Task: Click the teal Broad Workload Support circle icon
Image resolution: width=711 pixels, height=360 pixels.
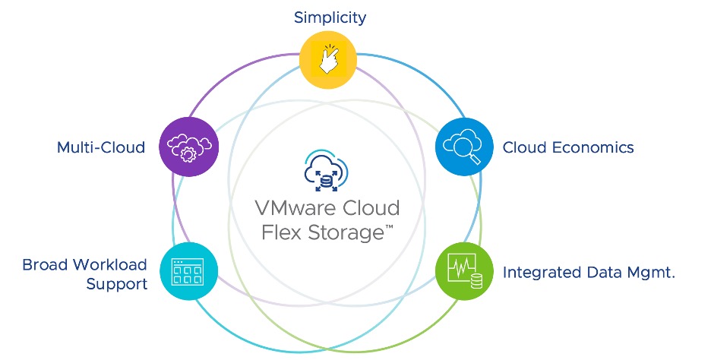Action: click(x=189, y=271)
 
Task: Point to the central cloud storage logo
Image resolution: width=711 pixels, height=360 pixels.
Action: click(x=326, y=169)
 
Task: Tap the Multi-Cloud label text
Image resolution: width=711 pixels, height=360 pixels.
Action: click(x=101, y=147)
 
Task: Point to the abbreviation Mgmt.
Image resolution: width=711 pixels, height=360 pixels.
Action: click(x=650, y=272)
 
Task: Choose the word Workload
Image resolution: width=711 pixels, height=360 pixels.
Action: click(x=109, y=264)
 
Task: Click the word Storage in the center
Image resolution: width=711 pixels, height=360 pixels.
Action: click(x=343, y=232)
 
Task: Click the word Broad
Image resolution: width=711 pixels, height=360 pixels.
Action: click(x=44, y=264)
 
